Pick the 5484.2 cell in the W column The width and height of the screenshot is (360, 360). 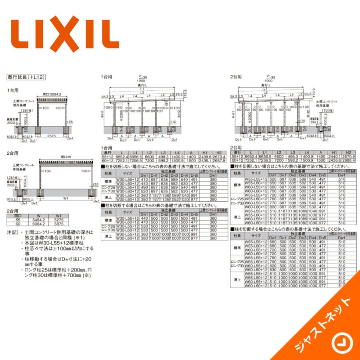click(x=39, y=220)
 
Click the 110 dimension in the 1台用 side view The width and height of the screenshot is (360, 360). click(x=173, y=121)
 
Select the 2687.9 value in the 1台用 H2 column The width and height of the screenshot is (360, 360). click(x=218, y=160)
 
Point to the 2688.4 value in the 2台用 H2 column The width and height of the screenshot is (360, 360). click(x=348, y=160)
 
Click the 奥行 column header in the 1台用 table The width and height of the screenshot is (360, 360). click(x=107, y=153)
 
